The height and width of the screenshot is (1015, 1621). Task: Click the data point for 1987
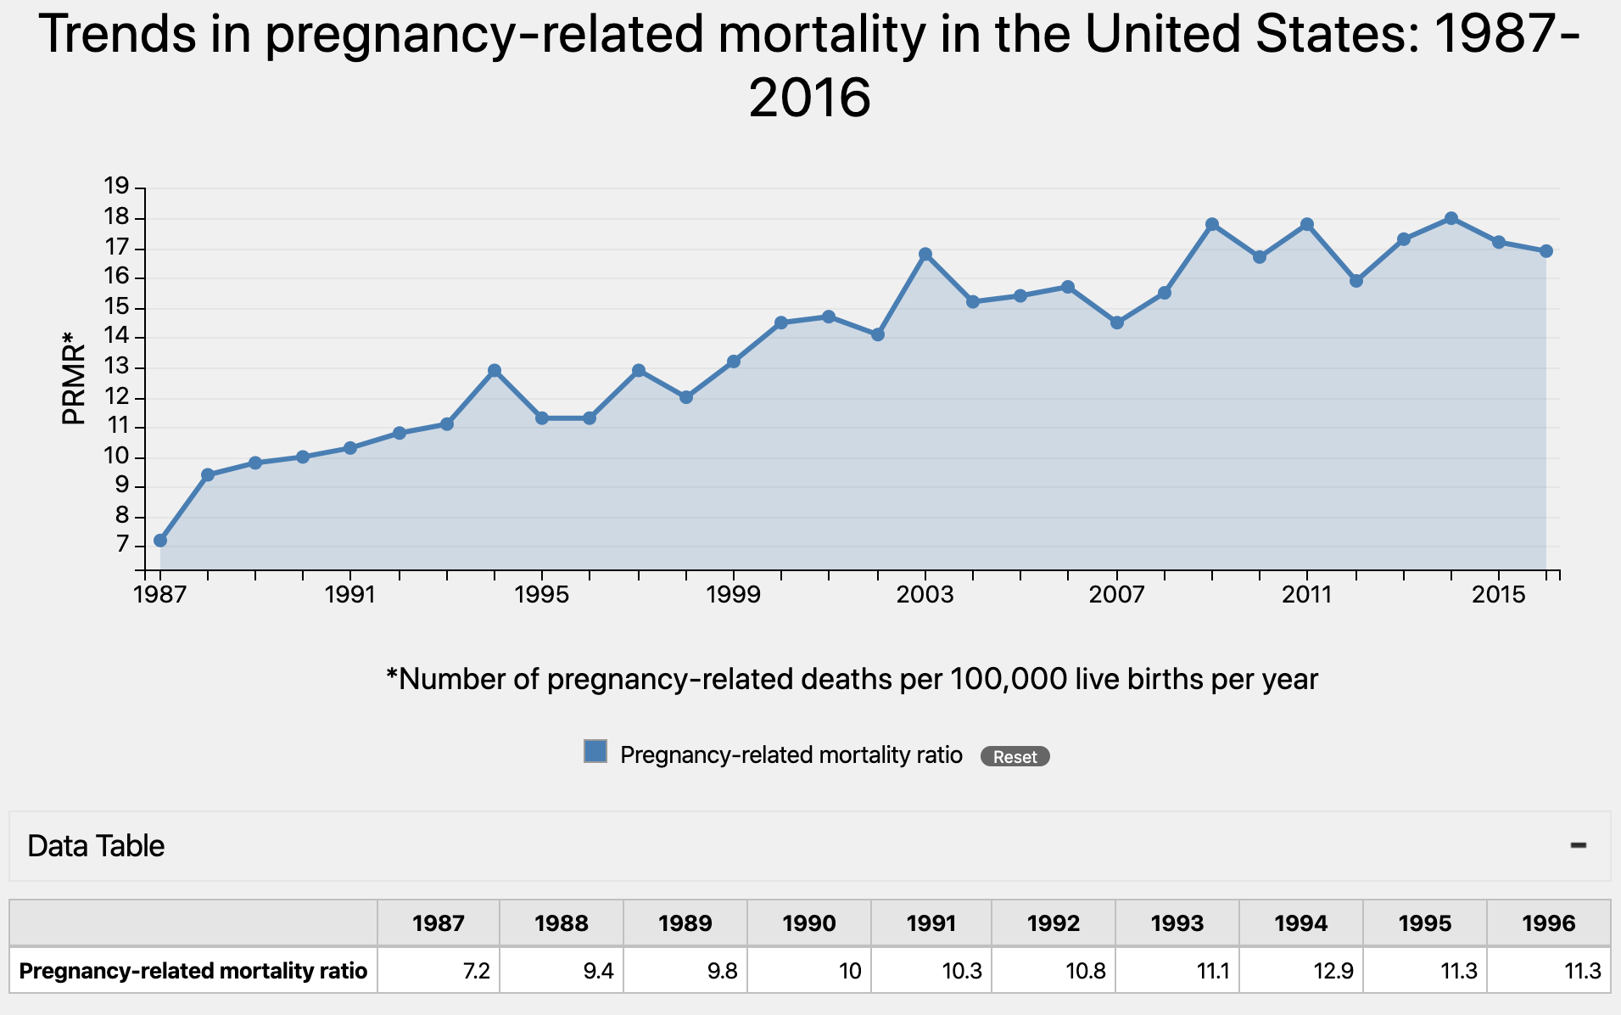click(160, 541)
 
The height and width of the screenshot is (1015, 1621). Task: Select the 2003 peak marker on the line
click(925, 255)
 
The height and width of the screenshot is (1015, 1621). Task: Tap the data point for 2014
click(1451, 218)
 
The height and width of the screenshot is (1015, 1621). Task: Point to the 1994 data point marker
click(495, 371)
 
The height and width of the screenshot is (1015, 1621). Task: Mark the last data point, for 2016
click(1546, 251)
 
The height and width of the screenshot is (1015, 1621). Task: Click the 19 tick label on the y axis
click(116, 186)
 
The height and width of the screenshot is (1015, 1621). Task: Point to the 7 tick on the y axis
click(122, 544)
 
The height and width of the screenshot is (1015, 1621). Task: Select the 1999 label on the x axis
click(734, 594)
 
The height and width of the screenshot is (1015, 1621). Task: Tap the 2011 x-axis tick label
click(1307, 594)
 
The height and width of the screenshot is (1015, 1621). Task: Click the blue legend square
click(595, 751)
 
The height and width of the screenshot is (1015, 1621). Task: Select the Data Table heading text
click(96, 846)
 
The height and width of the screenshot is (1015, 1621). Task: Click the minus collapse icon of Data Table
click(1578, 845)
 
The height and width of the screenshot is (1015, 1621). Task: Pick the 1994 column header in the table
click(1300, 923)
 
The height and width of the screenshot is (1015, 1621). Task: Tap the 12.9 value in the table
click(1333, 971)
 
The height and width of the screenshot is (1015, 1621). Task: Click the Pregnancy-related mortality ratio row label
click(193, 971)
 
